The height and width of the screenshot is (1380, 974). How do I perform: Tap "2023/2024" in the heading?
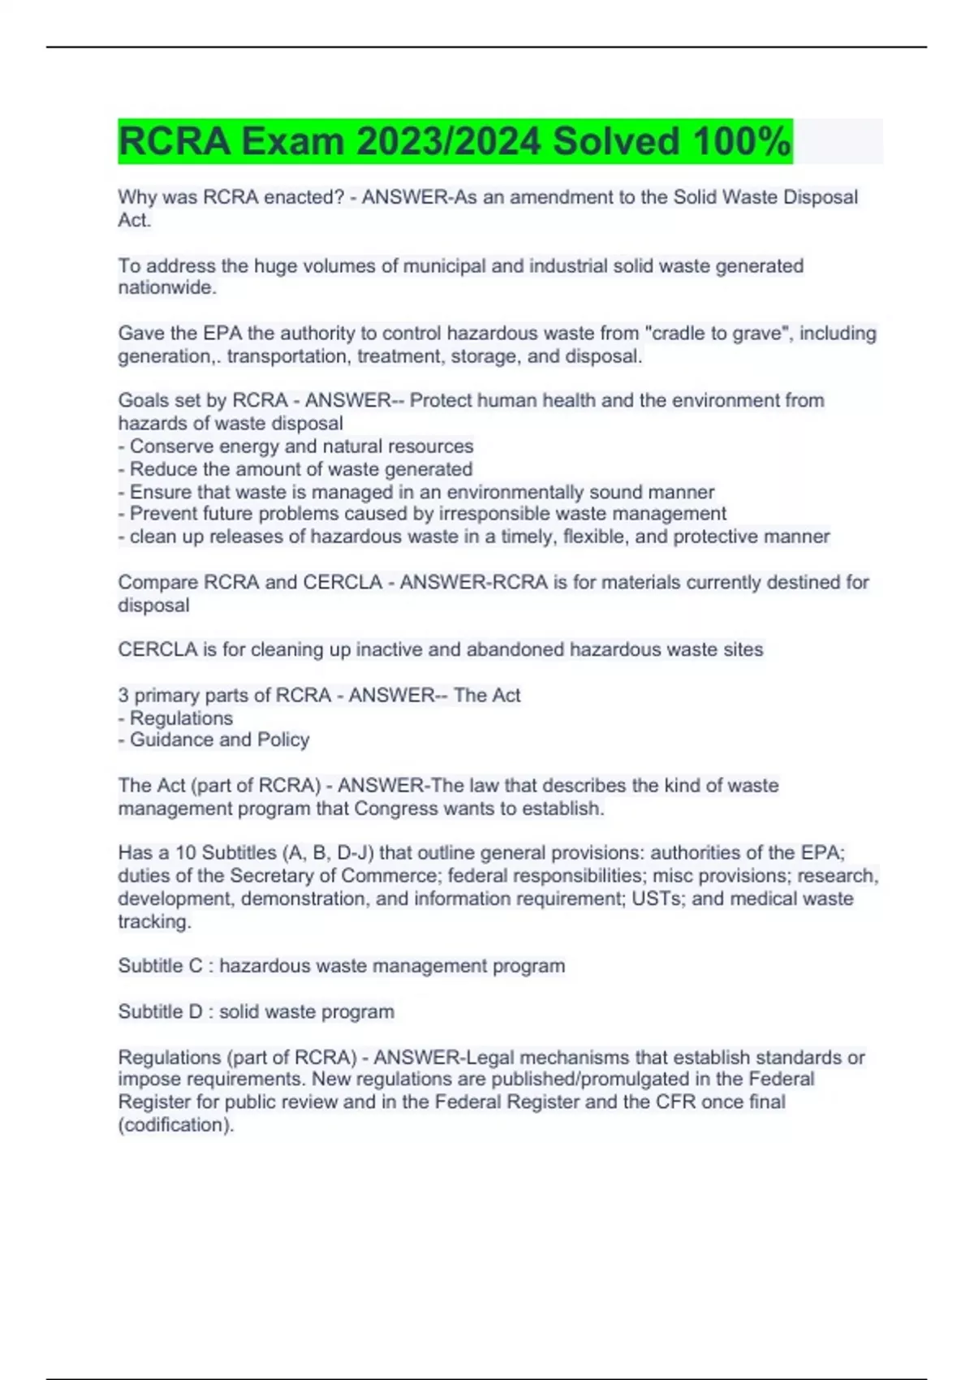tap(449, 141)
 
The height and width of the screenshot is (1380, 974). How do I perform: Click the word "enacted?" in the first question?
tap(307, 197)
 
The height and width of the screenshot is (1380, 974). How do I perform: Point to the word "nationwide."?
tap(167, 287)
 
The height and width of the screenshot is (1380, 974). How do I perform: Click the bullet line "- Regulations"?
tap(175, 718)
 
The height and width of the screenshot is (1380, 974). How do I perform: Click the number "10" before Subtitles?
tap(186, 852)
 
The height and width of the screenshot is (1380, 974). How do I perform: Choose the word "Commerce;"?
tap(391, 875)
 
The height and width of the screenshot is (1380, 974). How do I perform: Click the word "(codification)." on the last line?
tap(176, 1124)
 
